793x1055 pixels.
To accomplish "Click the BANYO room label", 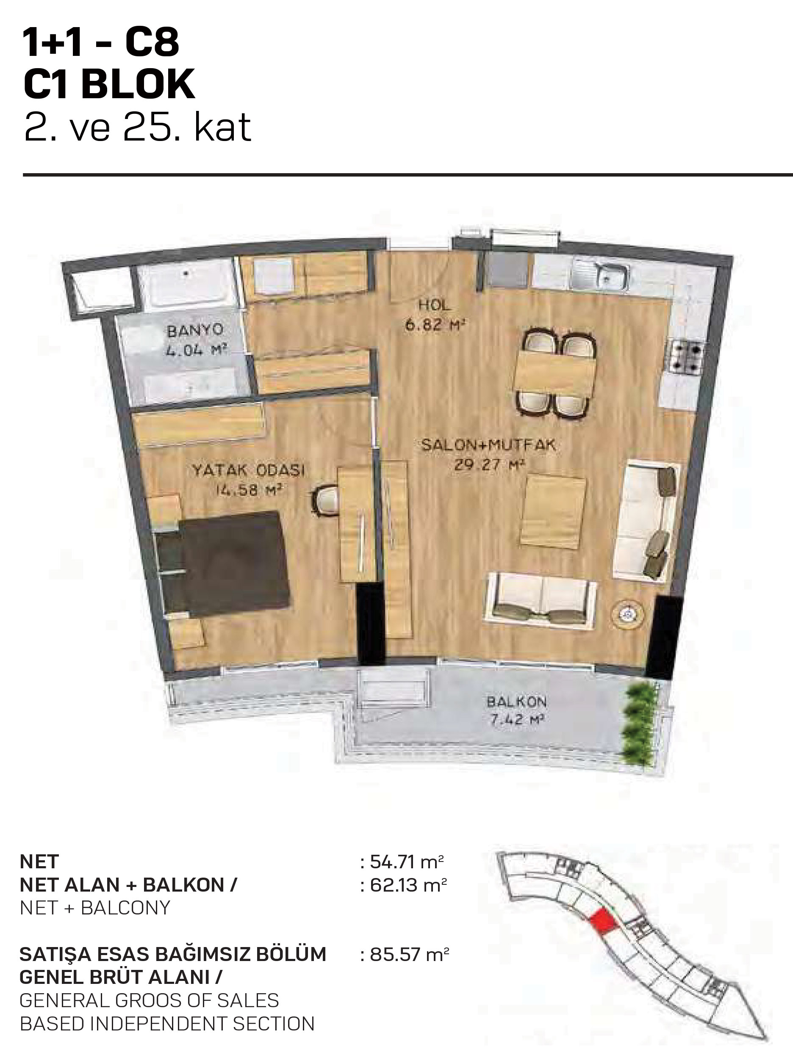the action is pyautogui.click(x=195, y=330).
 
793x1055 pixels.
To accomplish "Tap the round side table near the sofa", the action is pyautogui.click(x=627, y=613).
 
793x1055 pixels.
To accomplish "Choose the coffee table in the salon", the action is pyautogui.click(x=553, y=510).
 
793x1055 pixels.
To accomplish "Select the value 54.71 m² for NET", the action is pyautogui.click(x=407, y=862).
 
